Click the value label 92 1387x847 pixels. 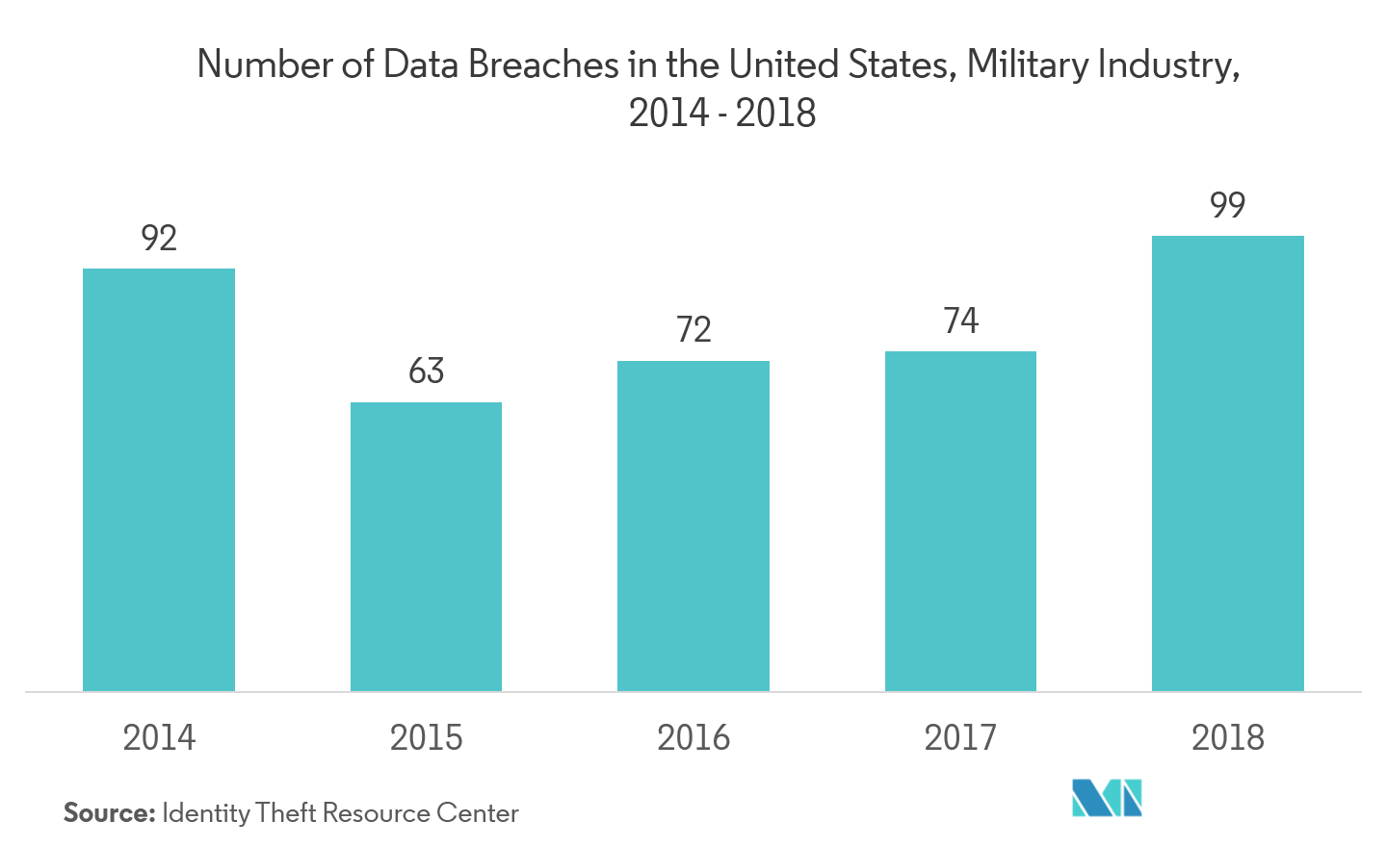click(x=159, y=238)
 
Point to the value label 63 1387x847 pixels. click(x=426, y=371)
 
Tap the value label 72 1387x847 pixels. click(x=693, y=332)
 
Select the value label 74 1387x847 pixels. click(x=960, y=321)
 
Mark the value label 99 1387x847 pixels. click(x=1227, y=204)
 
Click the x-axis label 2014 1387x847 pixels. click(x=159, y=737)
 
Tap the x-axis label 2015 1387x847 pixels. click(x=426, y=737)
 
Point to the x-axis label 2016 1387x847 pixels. click(x=693, y=737)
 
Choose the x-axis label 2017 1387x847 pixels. click(x=960, y=737)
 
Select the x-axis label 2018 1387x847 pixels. click(x=1227, y=737)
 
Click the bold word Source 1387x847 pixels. click(x=109, y=813)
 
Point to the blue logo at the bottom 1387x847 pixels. click(x=1108, y=798)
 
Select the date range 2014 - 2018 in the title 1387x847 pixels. click(x=722, y=113)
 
